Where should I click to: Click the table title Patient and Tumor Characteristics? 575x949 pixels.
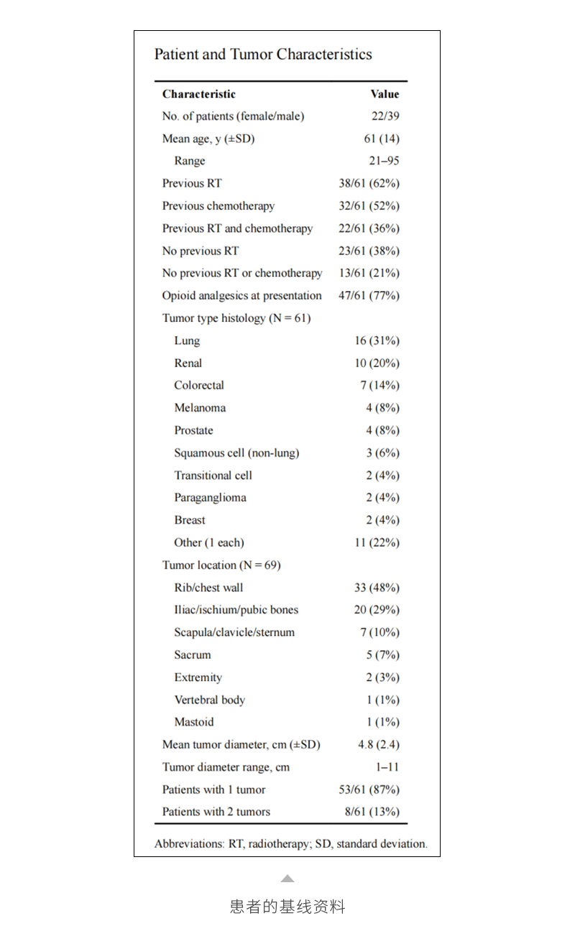click(263, 55)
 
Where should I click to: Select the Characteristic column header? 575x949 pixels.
click(198, 94)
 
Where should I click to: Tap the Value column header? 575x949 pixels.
click(385, 94)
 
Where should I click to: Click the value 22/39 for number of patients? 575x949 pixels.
click(385, 116)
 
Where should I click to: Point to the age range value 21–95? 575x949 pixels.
click(385, 161)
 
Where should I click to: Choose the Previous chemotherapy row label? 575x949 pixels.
click(218, 206)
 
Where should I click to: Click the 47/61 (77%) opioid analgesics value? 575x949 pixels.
click(369, 295)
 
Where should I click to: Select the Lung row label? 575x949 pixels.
click(187, 341)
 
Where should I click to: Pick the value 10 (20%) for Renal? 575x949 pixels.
click(377, 363)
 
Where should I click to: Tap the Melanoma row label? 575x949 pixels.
click(200, 408)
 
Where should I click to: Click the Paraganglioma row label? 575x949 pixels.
click(210, 498)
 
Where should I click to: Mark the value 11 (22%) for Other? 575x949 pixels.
click(377, 542)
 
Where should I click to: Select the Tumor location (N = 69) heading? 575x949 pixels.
click(221, 565)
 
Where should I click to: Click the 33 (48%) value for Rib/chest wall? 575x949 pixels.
click(377, 588)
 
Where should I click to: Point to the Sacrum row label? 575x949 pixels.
click(193, 655)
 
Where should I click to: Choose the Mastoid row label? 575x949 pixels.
click(194, 722)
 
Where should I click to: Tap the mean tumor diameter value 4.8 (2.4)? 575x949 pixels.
click(379, 745)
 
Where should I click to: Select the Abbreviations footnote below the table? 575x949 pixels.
click(290, 844)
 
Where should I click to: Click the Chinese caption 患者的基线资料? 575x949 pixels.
click(287, 907)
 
